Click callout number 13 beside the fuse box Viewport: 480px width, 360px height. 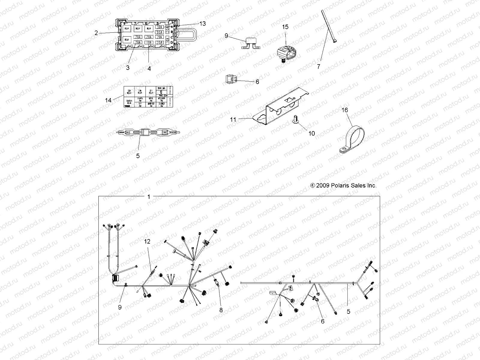[x=203, y=23]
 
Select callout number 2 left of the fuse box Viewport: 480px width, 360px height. [x=96, y=33]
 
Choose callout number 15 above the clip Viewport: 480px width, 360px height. [x=285, y=27]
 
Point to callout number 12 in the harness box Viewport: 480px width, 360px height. [x=147, y=241]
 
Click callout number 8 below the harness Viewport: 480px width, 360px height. [x=221, y=310]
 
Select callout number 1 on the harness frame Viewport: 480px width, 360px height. [x=148, y=197]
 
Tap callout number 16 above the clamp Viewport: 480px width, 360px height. [x=345, y=110]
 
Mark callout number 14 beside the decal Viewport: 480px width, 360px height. [x=108, y=100]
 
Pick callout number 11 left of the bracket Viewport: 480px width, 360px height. [x=233, y=119]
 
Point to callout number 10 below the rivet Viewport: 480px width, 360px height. [x=312, y=133]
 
